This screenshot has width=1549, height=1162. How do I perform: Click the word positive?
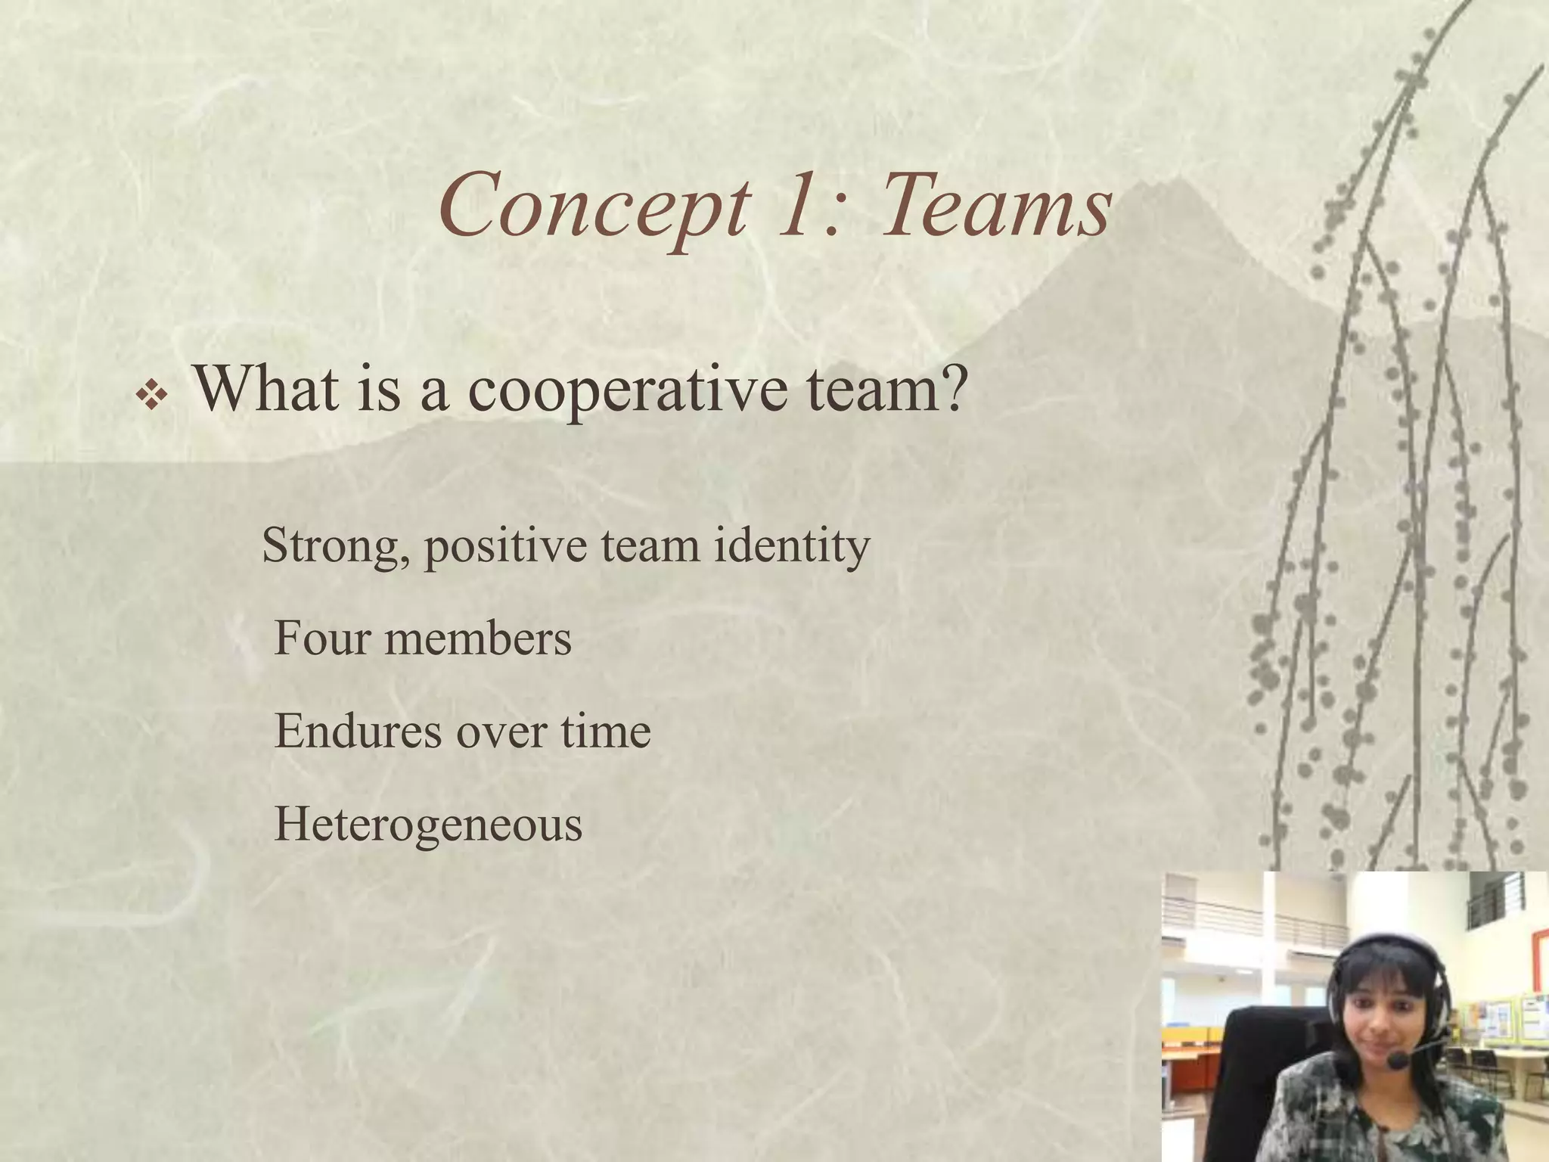click(x=505, y=546)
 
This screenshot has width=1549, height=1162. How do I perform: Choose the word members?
click(x=478, y=638)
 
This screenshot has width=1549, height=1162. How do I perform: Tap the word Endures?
click(x=358, y=731)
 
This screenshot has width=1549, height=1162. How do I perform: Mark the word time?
click(x=605, y=731)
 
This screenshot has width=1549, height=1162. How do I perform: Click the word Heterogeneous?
click(x=428, y=825)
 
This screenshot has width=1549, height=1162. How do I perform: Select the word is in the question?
click(x=378, y=387)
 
